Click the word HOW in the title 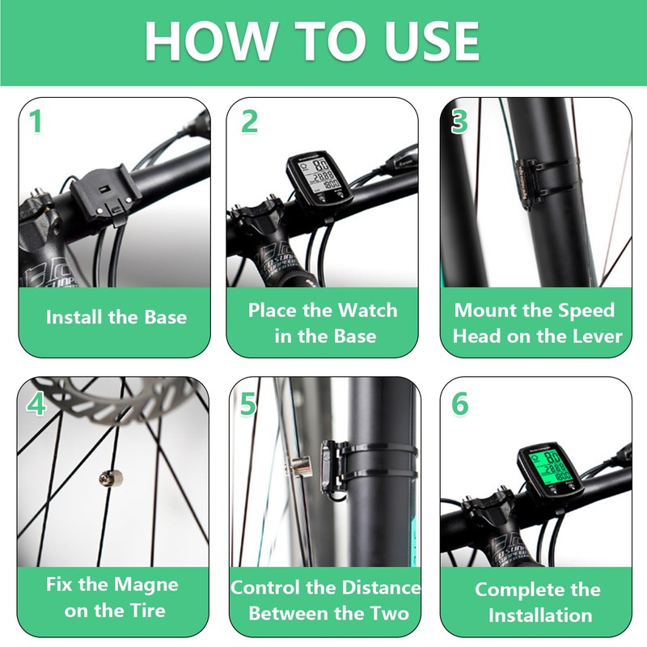(x=210, y=41)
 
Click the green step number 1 (x=36, y=121)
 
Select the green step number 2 (x=249, y=121)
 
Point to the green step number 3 (x=459, y=121)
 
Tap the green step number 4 (x=36, y=403)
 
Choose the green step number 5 (x=248, y=404)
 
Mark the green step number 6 (x=459, y=403)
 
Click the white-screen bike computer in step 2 (x=320, y=180)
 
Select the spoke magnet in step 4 (x=111, y=479)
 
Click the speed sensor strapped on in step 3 (x=529, y=184)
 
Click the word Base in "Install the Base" (x=166, y=317)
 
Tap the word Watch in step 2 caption (x=367, y=310)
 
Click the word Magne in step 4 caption (x=146, y=585)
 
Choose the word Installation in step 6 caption (x=540, y=615)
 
